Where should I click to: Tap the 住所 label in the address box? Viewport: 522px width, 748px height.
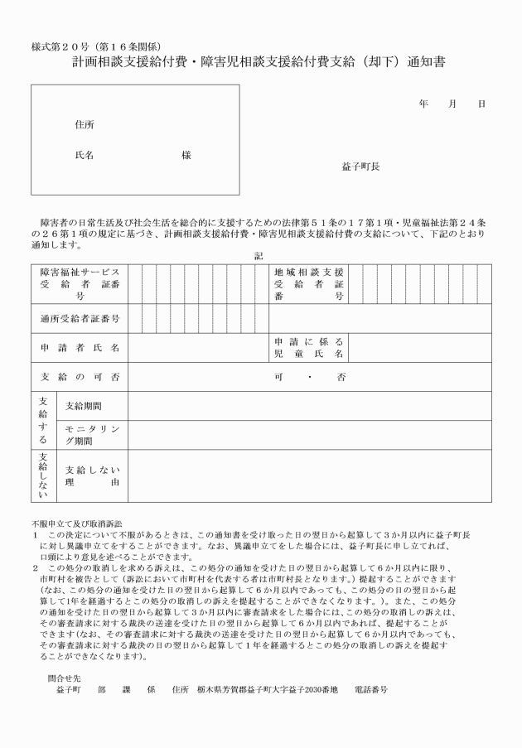pos(85,124)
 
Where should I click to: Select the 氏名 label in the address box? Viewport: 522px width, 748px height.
pos(85,155)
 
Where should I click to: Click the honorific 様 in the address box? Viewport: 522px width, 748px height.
pos(186,155)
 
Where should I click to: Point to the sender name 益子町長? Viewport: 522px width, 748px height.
pos(360,166)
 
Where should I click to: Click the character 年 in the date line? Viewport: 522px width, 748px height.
pos(423,104)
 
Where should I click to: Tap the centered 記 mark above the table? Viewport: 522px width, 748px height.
pos(259,256)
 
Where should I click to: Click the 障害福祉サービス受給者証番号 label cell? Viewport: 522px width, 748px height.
pos(80,283)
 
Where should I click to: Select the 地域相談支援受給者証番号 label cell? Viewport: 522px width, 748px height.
pos(308,283)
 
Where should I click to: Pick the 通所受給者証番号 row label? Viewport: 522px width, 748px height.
pos(80,318)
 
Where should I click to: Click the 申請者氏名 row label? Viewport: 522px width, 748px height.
pos(80,348)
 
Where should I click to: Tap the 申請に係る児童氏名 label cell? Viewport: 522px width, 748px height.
pos(308,348)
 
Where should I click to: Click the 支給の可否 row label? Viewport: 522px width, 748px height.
pos(80,377)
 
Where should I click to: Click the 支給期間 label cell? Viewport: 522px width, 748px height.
pos(85,406)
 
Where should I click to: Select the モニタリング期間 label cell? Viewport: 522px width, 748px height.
pos(91,435)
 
